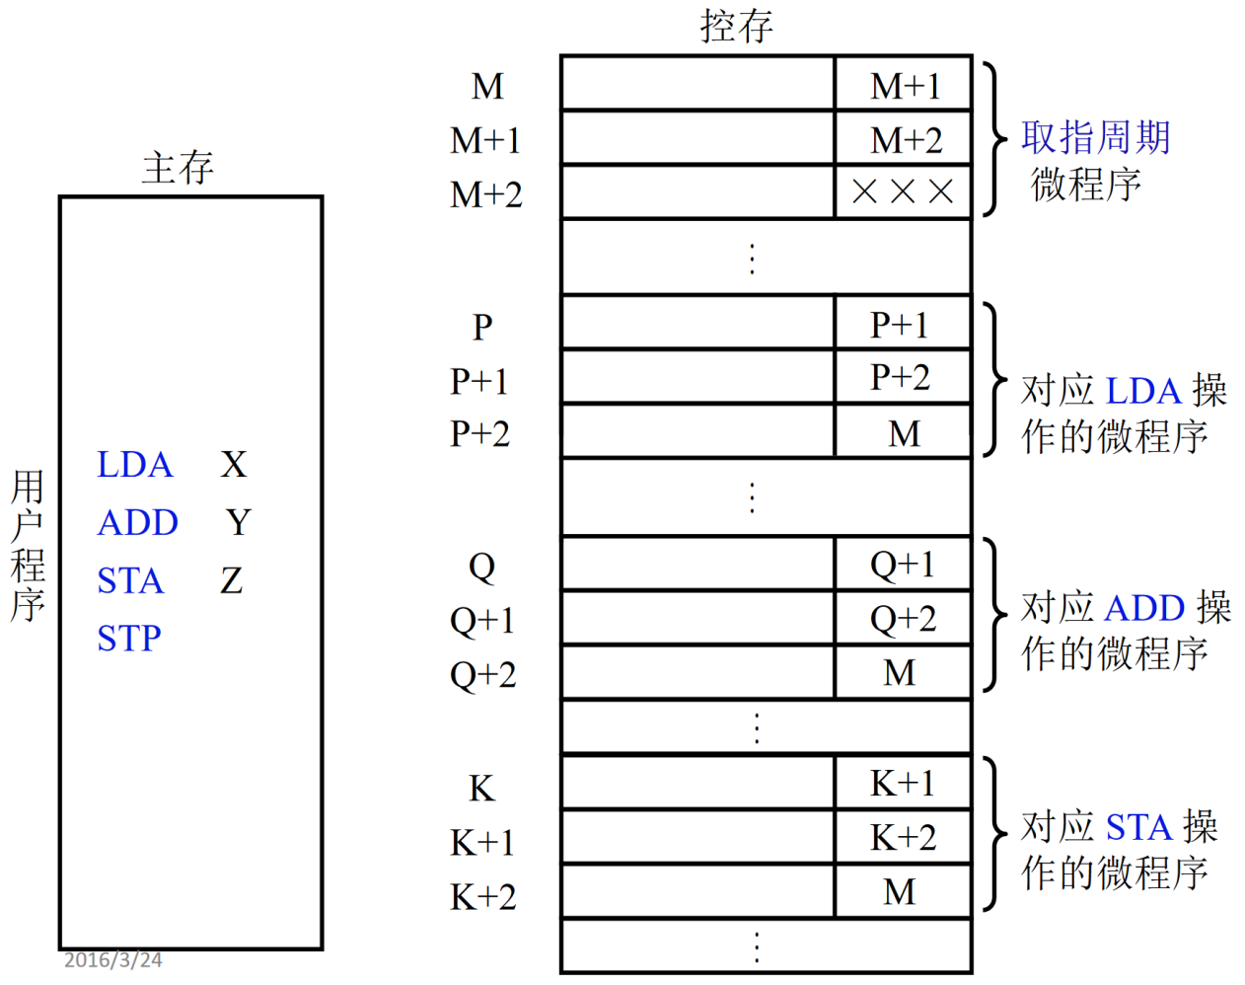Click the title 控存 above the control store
(736, 26)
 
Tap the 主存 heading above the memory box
(178, 168)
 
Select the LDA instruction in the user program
(135, 465)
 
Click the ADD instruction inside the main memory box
(138, 523)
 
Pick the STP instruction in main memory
(129, 639)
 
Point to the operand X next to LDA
(234, 465)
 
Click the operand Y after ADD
(238, 522)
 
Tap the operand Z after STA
(232, 580)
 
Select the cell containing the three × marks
(903, 191)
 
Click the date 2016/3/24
(112, 959)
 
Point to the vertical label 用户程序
(28, 545)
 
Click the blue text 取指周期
(1095, 138)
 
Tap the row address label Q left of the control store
(481, 567)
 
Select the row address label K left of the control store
(481, 789)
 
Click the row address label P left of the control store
(481, 327)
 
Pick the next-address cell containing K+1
(903, 784)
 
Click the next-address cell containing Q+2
(903, 619)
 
